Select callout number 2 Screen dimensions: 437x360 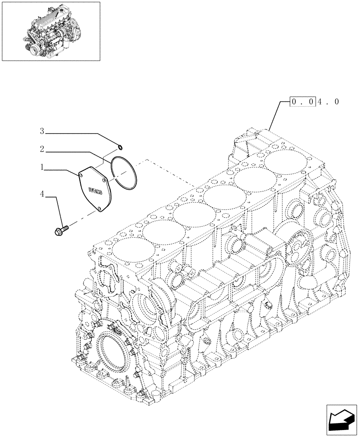[x=42, y=149]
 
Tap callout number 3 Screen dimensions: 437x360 [x=42, y=131]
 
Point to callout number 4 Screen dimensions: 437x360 [x=42, y=193]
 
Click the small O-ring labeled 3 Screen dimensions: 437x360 [x=120, y=146]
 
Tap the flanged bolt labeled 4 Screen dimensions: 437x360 [x=62, y=229]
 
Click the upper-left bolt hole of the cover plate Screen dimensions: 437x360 [x=82, y=174]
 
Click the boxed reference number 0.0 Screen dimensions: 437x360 [x=301, y=102]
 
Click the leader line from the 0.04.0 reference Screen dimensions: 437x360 [x=276, y=115]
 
